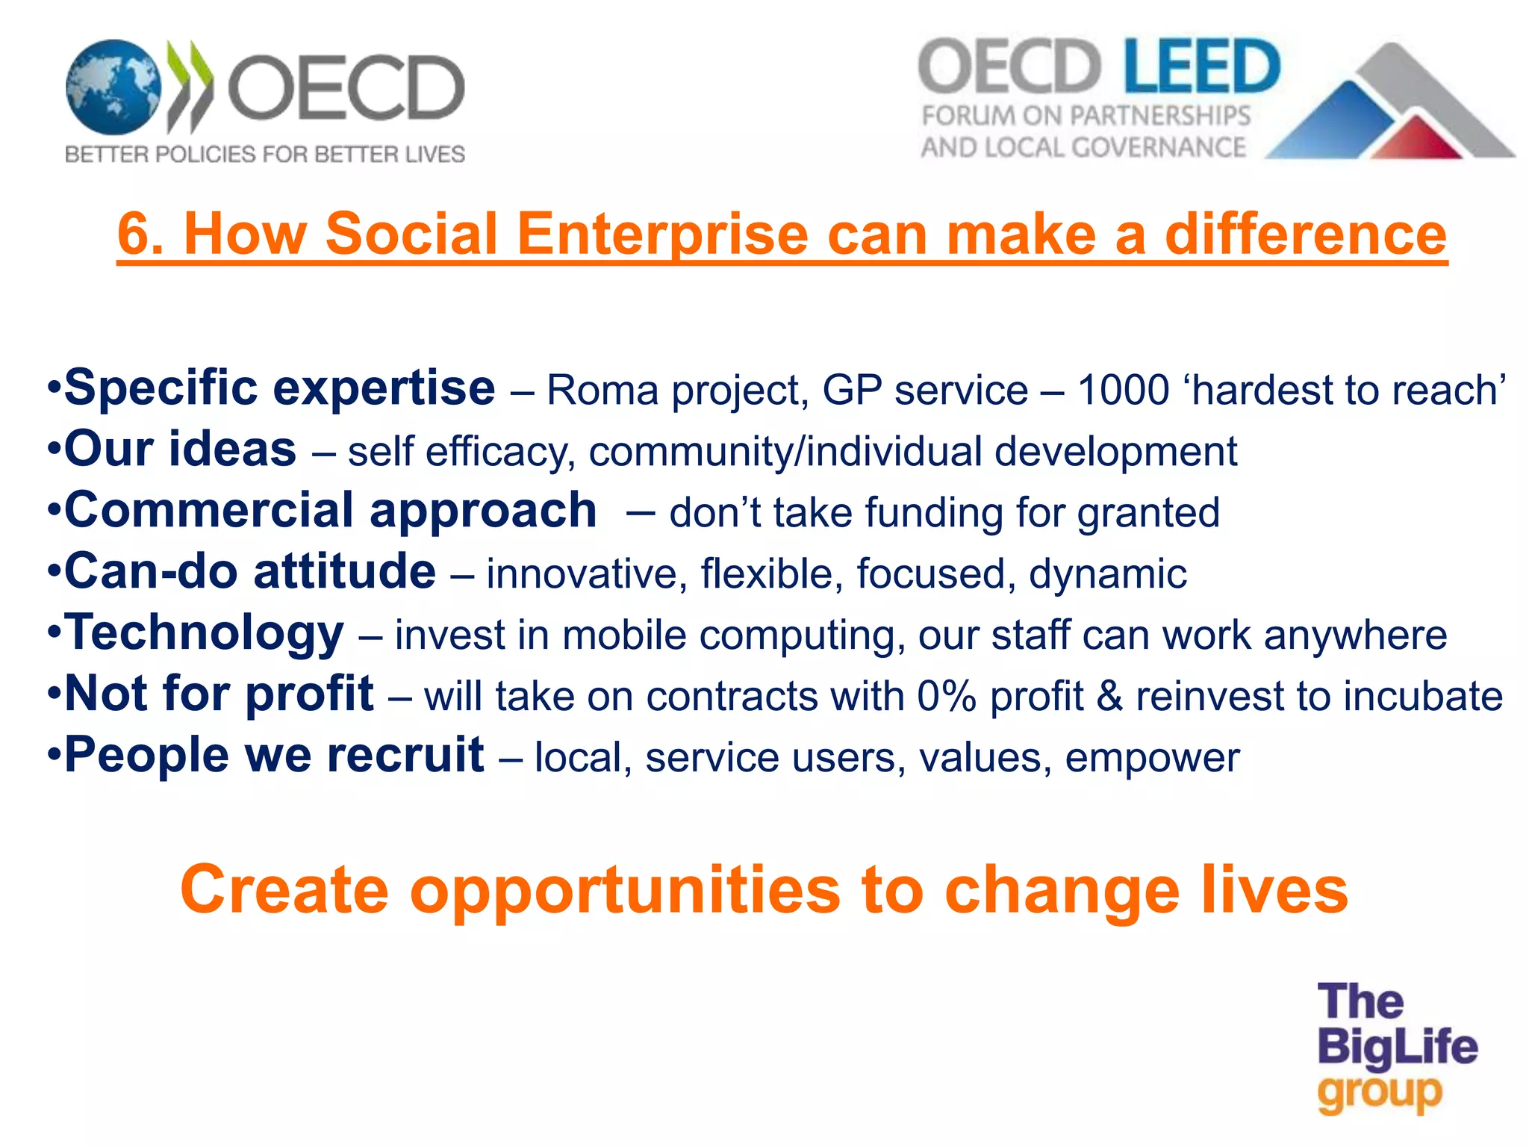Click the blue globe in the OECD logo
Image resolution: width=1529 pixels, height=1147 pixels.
pyautogui.click(x=113, y=88)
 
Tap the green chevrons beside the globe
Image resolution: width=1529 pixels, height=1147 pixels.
pyautogui.click(x=190, y=86)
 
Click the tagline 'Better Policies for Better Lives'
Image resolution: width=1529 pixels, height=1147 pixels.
pyautogui.click(x=265, y=155)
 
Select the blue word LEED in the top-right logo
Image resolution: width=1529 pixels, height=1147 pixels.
pyautogui.click(x=1201, y=67)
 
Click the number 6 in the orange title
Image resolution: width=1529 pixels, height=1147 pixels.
pyautogui.click(x=140, y=234)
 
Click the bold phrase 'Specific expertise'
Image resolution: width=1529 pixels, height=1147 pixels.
pyautogui.click(x=279, y=388)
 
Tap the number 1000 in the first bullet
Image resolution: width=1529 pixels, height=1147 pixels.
pyautogui.click(x=1123, y=391)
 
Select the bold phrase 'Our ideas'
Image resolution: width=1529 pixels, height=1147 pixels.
pyautogui.click(x=180, y=450)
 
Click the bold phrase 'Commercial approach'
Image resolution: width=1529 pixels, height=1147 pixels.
pyautogui.click(x=330, y=511)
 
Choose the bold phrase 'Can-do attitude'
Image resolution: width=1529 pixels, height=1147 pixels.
pyautogui.click(x=250, y=572)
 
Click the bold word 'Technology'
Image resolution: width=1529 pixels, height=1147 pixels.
pyautogui.click(x=205, y=633)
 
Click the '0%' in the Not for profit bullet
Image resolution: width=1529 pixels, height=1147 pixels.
pyautogui.click(x=947, y=697)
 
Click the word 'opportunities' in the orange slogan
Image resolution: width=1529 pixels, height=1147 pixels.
pyautogui.click(x=625, y=890)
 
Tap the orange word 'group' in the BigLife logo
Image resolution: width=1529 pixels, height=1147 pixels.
pyautogui.click(x=1379, y=1095)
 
